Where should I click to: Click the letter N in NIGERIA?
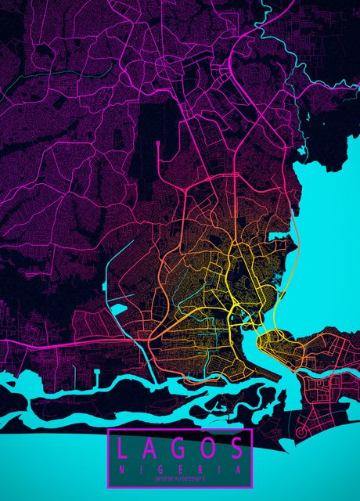coord(120,468)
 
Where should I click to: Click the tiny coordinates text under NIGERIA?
coord(179,478)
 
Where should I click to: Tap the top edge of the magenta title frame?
coord(179,430)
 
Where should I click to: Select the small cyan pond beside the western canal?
coord(119,308)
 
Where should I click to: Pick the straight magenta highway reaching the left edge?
coord(47,344)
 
